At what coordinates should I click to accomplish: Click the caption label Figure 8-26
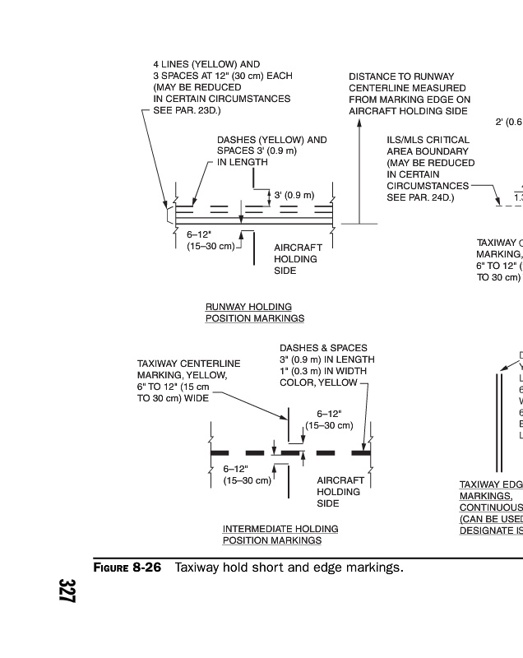click(126, 568)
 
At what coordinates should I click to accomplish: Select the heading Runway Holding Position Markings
click(254, 312)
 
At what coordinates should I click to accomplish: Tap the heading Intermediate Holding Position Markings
click(280, 534)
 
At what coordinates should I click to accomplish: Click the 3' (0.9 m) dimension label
click(294, 195)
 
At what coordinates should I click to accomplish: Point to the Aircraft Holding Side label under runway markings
click(298, 259)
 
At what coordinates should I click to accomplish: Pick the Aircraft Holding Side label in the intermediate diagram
click(340, 491)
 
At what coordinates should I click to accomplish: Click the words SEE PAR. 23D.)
click(187, 110)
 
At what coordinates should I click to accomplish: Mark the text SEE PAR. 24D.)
click(420, 197)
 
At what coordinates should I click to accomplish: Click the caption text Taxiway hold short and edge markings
click(289, 568)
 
